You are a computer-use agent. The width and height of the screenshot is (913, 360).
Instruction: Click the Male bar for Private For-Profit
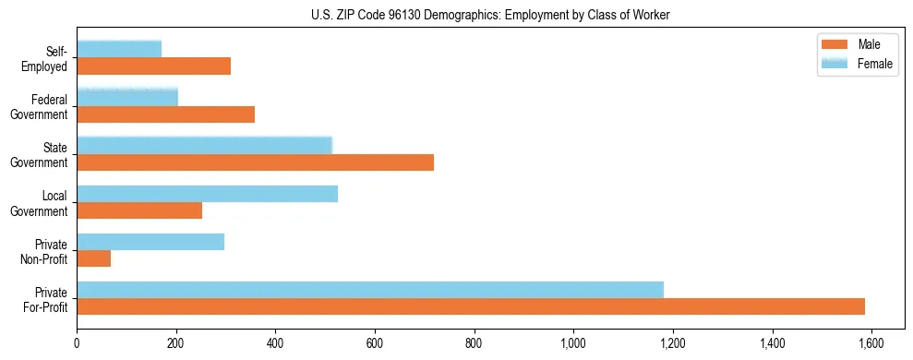coord(471,306)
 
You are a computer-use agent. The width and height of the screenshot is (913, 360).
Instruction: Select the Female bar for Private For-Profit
coord(369,290)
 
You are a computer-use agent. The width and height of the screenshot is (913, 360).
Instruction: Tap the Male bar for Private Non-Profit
coord(93,258)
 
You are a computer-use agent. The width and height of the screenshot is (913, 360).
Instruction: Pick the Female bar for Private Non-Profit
coord(150,242)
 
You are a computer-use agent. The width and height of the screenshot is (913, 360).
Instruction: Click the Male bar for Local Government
coord(139,210)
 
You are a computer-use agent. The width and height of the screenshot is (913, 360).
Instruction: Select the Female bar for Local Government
coord(207,194)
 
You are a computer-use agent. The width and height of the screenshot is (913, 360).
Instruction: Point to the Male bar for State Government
coord(255,162)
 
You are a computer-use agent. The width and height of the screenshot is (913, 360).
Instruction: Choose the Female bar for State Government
coord(204,146)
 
